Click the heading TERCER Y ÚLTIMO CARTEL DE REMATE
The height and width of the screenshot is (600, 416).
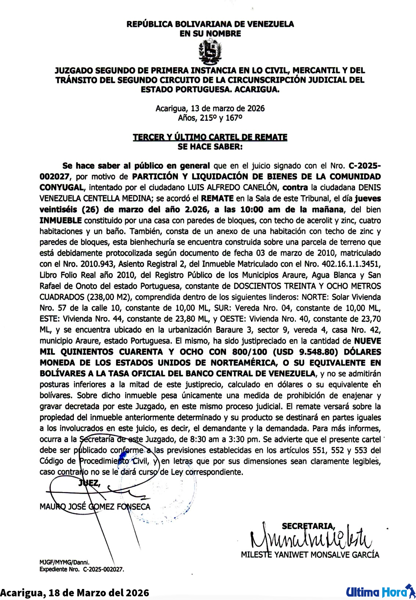(x=210, y=137)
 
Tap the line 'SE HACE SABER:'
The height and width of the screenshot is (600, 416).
(x=210, y=147)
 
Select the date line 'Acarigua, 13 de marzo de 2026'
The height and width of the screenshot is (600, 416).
(x=210, y=108)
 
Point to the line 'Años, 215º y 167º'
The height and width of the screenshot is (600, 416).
(x=210, y=118)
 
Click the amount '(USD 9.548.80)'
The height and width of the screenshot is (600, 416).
(x=305, y=352)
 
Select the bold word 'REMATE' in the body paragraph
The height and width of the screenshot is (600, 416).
(x=217, y=198)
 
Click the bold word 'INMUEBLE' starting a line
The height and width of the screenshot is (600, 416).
(x=61, y=220)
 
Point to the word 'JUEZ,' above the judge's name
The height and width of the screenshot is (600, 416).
(x=89, y=483)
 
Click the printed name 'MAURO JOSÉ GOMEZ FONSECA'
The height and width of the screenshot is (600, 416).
(x=95, y=507)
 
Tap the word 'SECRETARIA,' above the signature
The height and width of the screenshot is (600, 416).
(x=308, y=526)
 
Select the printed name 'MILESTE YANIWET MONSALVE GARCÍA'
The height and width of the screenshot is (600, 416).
(x=310, y=555)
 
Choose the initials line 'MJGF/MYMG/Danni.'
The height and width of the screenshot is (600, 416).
(x=64, y=562)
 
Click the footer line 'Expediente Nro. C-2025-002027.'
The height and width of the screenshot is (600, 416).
(x=82, y=570)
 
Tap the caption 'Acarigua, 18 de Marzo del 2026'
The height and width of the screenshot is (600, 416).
(x=75, y=592)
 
